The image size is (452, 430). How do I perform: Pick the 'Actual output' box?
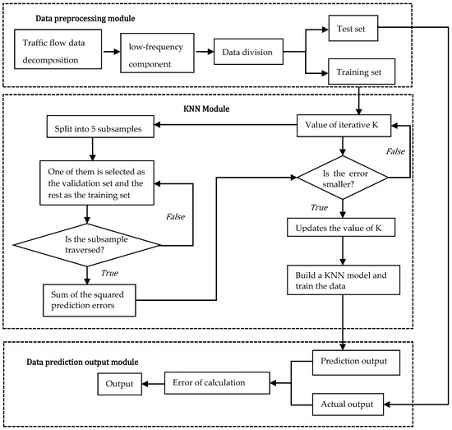tap(359, 404)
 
